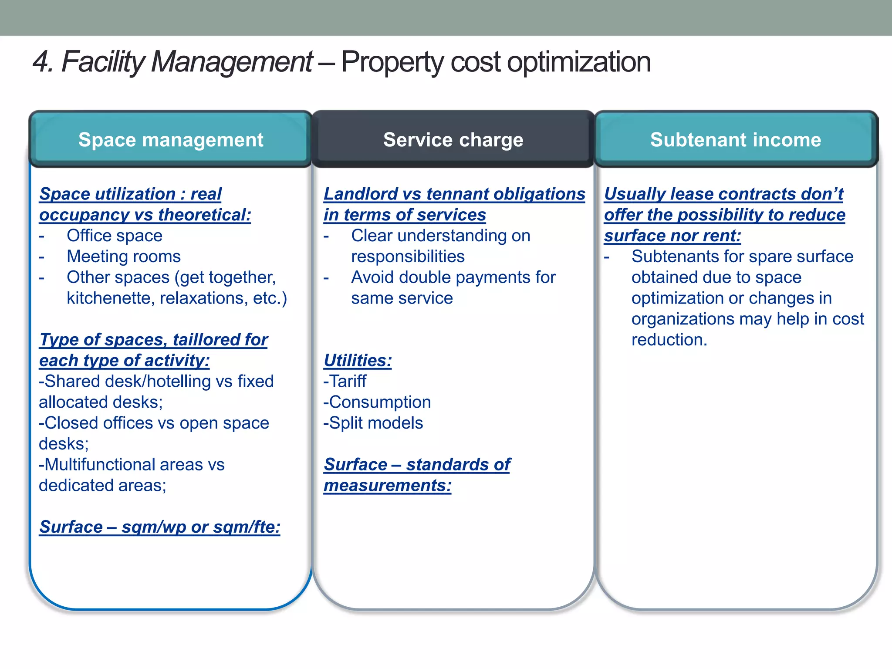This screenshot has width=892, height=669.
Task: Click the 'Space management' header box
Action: click(x=171, y=140)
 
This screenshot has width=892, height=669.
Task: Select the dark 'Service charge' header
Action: click(x=453, y=140)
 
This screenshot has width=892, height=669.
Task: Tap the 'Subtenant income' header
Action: click(x=736, y=140)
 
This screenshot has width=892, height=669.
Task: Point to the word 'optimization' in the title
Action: click(x=579, y=62)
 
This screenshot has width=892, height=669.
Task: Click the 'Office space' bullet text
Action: click(x=115, y=236)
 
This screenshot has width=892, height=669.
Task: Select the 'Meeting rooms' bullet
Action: click(x=124, y=257)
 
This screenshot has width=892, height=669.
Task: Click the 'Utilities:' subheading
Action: click(x=358, y=361)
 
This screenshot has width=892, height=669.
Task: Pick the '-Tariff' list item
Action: click(x=345, y=382)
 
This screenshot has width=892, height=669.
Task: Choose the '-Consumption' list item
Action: click(x=377, y=402)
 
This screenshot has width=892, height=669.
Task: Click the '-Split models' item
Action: click(x=373, y=423)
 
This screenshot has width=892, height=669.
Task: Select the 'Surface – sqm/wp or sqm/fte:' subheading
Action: click(x=159, y=527)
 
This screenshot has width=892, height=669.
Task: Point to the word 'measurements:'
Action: click(x=388, y=486)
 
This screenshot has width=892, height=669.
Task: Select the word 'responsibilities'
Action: click(x=408, y=257)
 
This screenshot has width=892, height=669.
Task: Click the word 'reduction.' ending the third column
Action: click(x=669, y=340)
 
